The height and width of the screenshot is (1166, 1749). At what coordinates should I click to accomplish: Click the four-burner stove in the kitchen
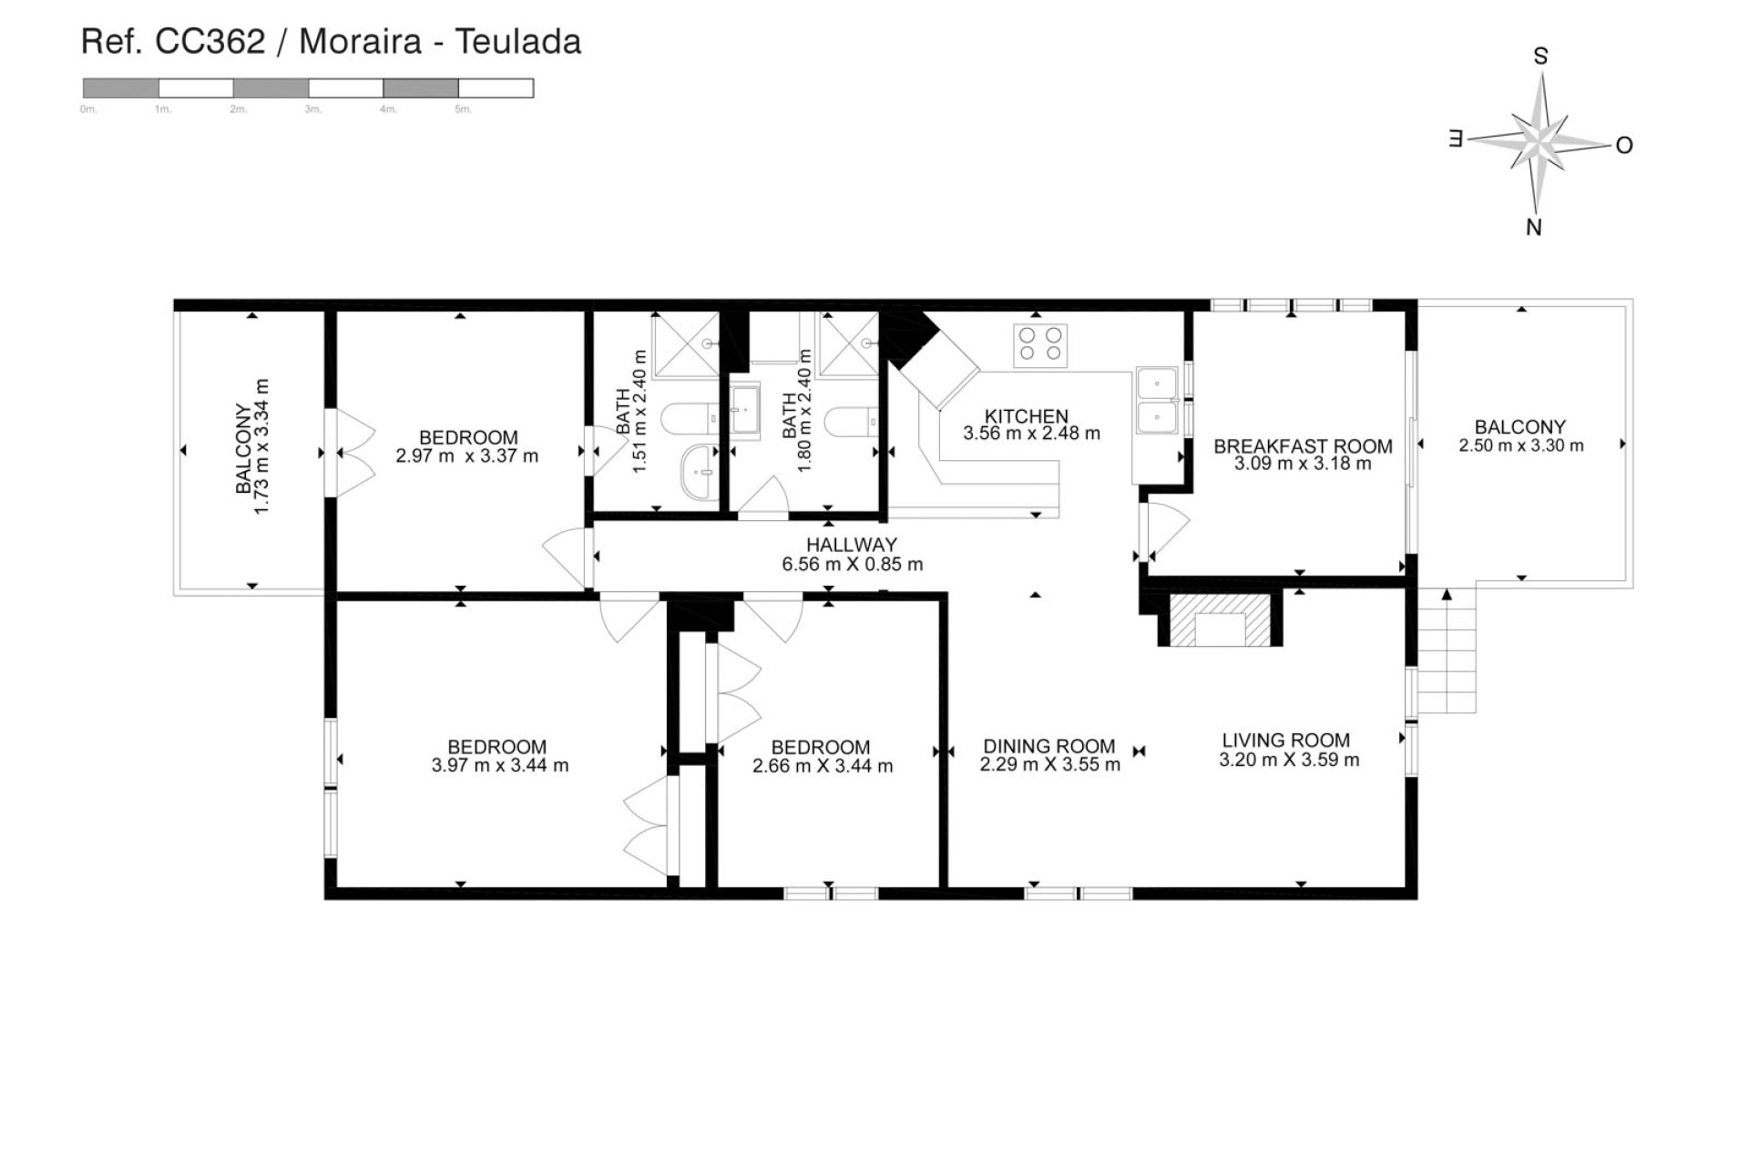(1040, 344)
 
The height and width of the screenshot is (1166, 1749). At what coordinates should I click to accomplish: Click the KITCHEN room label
(1027, 416)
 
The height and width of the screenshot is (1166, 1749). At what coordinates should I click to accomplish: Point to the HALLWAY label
(852, 545)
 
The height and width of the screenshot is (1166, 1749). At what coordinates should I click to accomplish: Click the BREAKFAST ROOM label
(1303, 446)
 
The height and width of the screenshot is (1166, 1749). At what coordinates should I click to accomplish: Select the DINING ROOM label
(1048, 746)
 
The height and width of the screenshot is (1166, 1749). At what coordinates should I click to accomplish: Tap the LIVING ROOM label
(1285, 741)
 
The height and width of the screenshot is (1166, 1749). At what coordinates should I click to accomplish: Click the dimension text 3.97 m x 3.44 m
(500, 766)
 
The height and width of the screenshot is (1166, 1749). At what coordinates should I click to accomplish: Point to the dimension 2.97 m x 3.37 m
(466, 456)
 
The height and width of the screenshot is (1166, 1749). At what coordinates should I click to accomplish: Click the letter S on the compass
(1540, 56)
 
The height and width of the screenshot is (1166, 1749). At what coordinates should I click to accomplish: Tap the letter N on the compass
(1534, 228)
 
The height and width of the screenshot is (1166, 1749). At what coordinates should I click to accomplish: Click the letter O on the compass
(1624, 146)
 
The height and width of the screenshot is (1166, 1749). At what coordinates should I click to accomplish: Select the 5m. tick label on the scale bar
(463, 110)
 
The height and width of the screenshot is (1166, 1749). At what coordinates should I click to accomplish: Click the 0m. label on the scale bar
(88, 110)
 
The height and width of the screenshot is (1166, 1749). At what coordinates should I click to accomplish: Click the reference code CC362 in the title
(210, 42)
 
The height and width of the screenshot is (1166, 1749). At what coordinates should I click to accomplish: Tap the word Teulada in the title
(517, 42)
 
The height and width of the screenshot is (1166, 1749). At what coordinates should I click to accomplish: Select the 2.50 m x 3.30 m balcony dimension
(1520, 446)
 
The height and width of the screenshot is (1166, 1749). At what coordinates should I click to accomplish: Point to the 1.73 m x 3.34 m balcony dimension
(261, 446)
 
